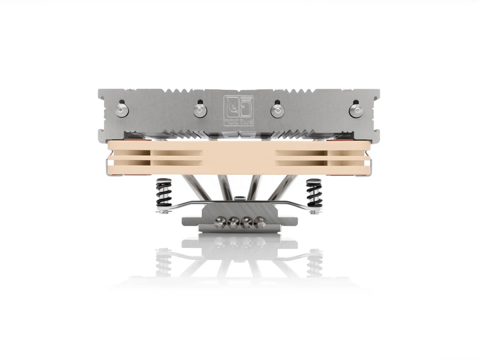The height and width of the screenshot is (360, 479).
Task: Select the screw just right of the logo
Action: (276, 110)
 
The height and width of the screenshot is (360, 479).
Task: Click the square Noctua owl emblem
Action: (238, 106)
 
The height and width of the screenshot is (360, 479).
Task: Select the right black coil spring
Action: (314, 193)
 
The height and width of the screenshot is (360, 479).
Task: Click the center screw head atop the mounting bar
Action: (239, 199)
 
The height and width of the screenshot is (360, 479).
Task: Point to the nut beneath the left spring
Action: (163, 209)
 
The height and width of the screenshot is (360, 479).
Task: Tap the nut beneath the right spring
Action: (314, 209)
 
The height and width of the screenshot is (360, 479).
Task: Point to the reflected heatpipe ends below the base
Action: (239, 243)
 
